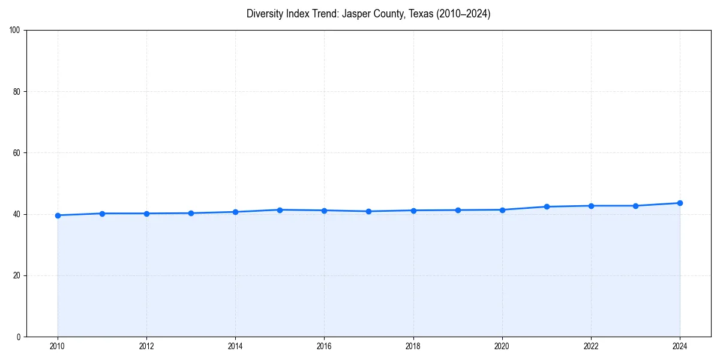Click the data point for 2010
pos(58,215)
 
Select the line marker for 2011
pos(102,214)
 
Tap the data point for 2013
pos(191,213)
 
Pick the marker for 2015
pos(280,210)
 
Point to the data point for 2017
pos(368,211)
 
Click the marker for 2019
pos(458,210)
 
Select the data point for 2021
pos(547,206)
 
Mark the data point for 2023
pos(635,206)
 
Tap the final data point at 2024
pos(680,203)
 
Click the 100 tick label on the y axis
pos(15,31)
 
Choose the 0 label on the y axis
pos(19,337)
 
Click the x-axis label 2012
pos(146,346)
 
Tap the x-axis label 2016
pos(324,346)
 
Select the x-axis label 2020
pos(502,346)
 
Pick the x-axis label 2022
pos(591,346)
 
